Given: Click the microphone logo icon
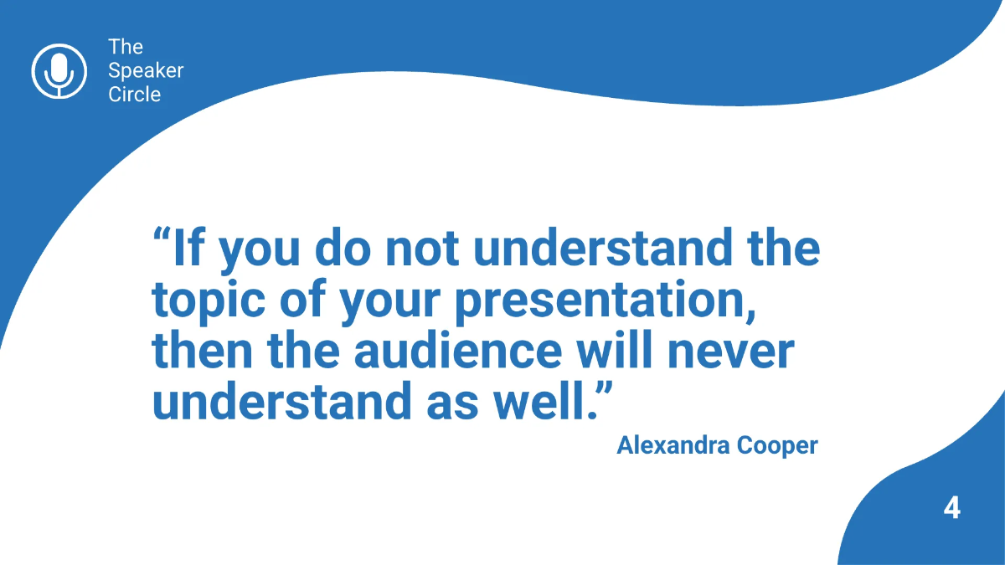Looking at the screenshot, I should point(59,70).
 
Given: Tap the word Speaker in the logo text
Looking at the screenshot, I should point(146,70).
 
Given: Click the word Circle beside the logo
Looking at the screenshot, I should point(134,94).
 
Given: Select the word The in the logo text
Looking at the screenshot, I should point(126,47).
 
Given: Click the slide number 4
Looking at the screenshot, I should point(951,508).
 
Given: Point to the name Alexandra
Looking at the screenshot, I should point(673,445).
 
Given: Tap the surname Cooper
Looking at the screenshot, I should point(776,445).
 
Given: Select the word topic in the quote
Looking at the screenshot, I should point(209,301).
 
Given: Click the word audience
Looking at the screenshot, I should point(457,352).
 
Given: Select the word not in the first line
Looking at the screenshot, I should point(426,249).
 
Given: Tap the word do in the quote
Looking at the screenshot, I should point(343,249).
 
